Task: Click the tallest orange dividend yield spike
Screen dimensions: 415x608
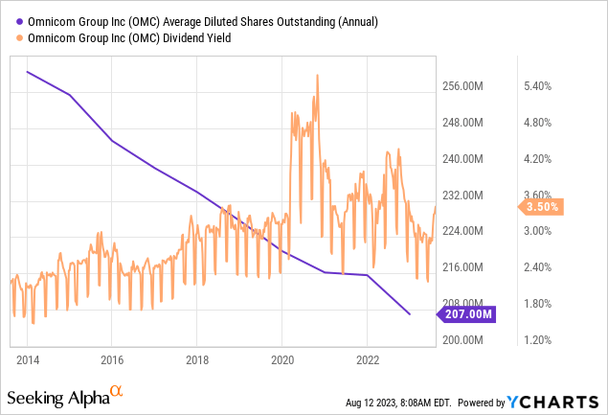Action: (316, 76)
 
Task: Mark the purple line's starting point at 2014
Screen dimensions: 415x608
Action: (27, 72)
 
